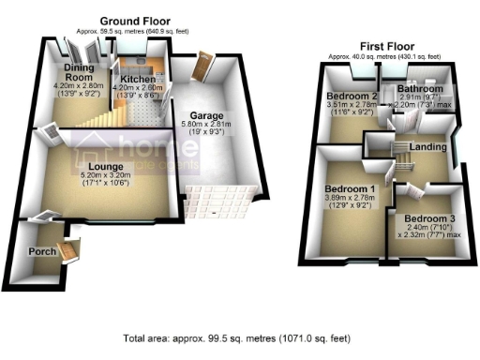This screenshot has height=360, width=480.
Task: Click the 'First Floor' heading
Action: click(x=385, y=45)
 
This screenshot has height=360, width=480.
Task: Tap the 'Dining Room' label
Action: click(x=82, y=73)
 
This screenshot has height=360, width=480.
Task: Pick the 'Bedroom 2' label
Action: click(x=351, y=97)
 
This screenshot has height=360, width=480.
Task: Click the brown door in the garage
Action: click(x=200, y=67)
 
